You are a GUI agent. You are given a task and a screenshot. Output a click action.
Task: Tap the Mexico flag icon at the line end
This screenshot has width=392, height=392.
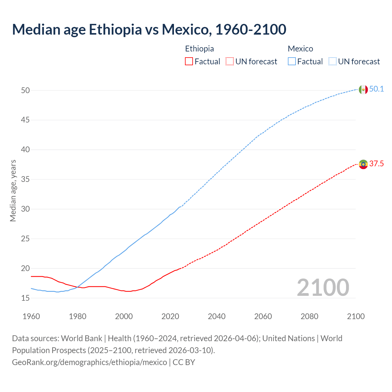click(363, 89)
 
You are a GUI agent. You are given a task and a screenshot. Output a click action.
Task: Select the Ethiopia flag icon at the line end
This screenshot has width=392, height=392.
click(363, 164)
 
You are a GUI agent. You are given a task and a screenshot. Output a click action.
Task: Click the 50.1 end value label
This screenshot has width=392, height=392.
click(376, 89)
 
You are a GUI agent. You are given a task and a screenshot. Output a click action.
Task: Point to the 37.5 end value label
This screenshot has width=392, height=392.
click(376, 164)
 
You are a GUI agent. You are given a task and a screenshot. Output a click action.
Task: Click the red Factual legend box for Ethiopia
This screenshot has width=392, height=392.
click(189, 62)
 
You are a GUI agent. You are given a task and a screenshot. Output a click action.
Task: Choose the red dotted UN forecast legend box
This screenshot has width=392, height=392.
click(230, 62)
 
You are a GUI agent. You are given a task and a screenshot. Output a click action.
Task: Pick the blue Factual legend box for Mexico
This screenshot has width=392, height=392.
click(292, 62)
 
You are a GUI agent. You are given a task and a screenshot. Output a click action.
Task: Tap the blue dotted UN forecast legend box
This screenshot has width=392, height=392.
click(332, 62)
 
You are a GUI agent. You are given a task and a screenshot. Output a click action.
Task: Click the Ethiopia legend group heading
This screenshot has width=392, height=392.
click(199, 49)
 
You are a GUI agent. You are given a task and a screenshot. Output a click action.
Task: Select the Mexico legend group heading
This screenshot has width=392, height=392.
click(300, 49)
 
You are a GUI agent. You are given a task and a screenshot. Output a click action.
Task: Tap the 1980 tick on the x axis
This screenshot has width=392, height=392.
click(77, 316)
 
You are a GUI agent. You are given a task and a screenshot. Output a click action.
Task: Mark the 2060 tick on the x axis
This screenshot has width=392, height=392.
click(263, 316)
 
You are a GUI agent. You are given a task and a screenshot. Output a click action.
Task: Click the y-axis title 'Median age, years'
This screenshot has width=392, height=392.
click(13, 190)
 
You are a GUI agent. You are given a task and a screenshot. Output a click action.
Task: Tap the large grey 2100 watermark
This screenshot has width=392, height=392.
click(323, 287)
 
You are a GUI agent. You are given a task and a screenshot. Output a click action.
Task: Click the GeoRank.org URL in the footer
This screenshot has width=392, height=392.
click(89, 362)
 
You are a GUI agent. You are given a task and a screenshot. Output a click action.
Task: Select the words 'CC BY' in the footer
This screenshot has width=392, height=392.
click(184, 362)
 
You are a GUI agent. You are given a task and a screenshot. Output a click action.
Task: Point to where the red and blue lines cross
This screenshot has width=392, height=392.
click(77, 287)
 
